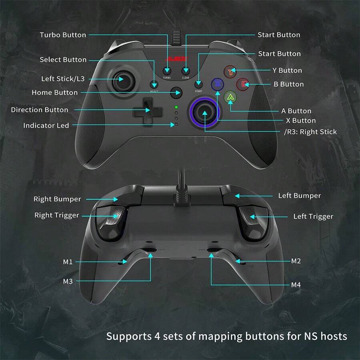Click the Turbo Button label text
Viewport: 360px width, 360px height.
pyautogui.click(x=63, y=35)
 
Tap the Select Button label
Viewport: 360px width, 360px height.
pyautogui.click(x=63, y=60)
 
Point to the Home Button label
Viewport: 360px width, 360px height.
pyautogui.click(x=55, y=92)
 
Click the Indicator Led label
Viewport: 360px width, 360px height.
pyautogui.click(x=46, y=126)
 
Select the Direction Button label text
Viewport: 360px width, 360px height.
pyautogui.click(x=40, y=110)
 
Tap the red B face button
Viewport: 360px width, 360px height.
pyautogui.click(x=243, y=84)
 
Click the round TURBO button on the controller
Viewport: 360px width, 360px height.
pyautogui.click(x=167, y=70)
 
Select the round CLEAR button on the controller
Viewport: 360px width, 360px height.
pyautogui.click(x=185, y=70)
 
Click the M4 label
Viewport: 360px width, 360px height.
pyautogui.click(x=296, y=285)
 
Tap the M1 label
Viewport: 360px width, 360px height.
pyautogui.click(x=68, y=262)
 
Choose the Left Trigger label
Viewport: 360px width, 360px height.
pyautogui.click(x=313, y=216)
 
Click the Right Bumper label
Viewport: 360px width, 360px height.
pyautogui.click(x=57, y=199)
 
